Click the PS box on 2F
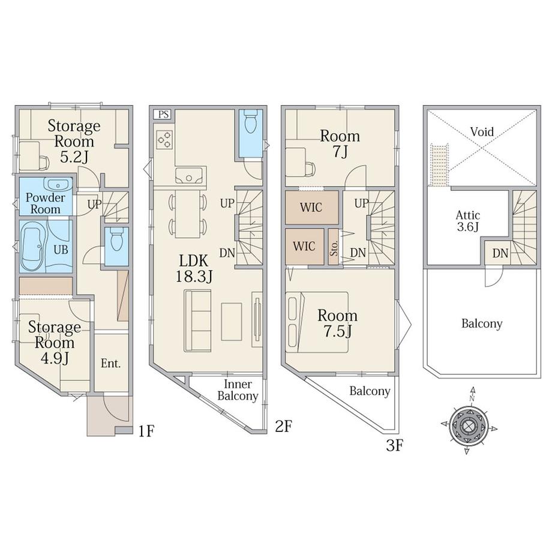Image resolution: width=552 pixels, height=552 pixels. (163, 114)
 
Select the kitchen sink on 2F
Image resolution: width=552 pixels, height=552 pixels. (190, 175)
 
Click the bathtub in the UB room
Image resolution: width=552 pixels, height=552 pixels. (33, 247)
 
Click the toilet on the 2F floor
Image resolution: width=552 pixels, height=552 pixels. (250, 121)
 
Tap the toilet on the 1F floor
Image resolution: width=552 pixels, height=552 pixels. (116, 239)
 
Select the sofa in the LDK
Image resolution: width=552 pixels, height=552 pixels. (197, 321)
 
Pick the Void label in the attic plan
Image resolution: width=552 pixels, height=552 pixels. (482, 131)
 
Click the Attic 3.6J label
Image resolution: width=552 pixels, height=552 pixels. (468, 221)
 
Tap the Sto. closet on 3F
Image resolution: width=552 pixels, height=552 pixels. (334, 247)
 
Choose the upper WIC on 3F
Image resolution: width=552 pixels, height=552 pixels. (311, 208)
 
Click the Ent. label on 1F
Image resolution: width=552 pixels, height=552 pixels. (111, 363)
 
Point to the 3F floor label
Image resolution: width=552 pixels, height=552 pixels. (394, 445)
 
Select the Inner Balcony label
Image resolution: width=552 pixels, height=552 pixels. (238, 390)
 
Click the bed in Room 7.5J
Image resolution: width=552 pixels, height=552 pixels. (317, 322)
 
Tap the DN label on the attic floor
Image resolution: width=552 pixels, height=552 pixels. (500, 253)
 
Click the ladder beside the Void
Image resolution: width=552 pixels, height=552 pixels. (439, 164)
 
